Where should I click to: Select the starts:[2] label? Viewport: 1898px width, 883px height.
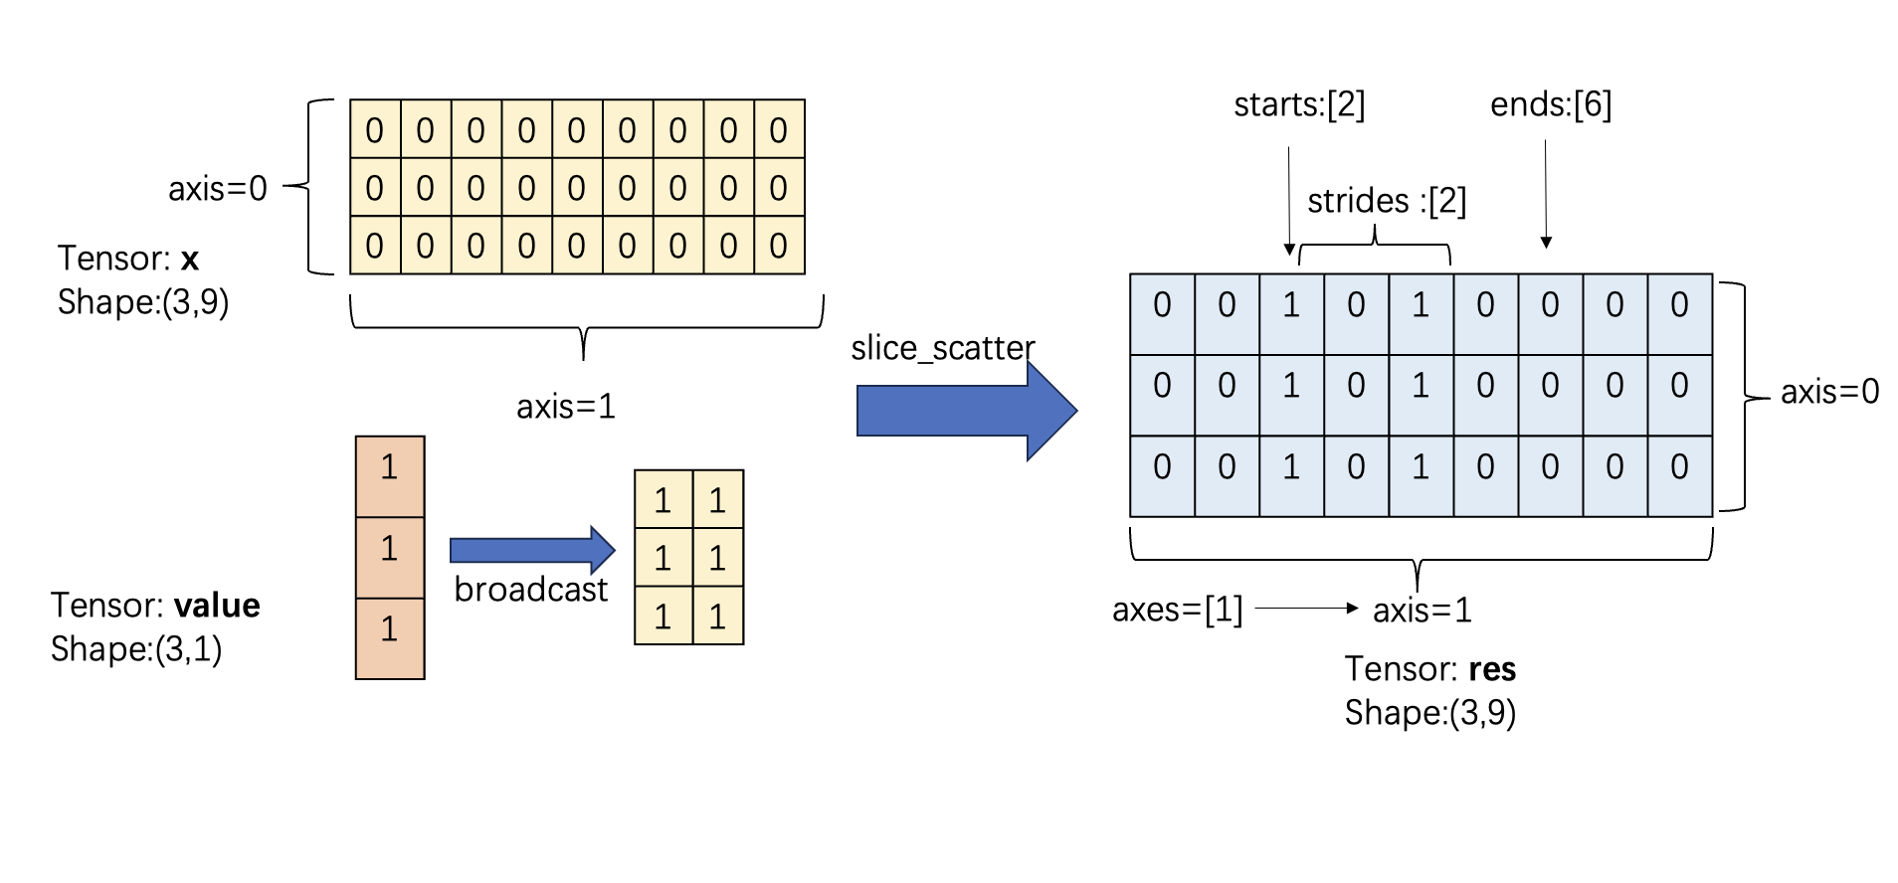click(1298, 104)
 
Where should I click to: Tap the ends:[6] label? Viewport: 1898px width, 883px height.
click(1550, 104)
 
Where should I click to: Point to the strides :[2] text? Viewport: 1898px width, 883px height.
click(1386, 201)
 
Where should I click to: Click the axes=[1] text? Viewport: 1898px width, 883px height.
click(1177, 610)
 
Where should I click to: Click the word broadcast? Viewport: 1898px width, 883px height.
click(530, 590)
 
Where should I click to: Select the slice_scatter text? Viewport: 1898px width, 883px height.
click(942, 348)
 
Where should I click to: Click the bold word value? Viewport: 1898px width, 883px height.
click(217, 606)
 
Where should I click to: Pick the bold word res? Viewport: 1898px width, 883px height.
click(1492, 669)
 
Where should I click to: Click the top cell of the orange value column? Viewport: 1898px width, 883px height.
click(390, 476)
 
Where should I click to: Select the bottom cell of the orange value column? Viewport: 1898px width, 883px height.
click(390, 638)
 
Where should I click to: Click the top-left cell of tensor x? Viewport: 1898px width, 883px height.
click(375, 129)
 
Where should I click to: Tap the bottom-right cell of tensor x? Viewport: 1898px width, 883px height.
click(779, 246)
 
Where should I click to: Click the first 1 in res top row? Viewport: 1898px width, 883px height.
click(1291, 305)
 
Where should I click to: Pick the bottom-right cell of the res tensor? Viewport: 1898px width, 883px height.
click(1679, 467)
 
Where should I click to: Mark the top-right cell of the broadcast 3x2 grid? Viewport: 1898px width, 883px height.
click(717, 500)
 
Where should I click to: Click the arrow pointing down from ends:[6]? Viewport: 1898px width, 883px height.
click(1546, 194)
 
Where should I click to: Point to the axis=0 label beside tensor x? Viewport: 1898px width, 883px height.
click(217, 188)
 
